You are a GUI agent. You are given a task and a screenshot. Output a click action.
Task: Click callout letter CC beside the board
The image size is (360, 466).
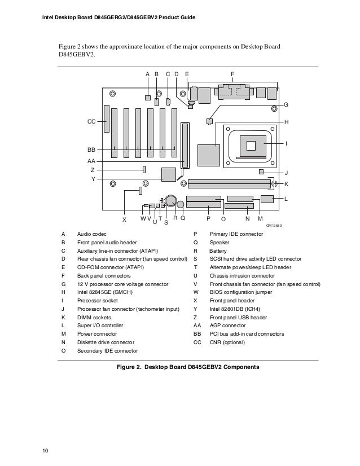point(91,121)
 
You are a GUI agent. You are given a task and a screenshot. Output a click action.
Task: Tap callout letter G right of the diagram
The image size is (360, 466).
point(286,105)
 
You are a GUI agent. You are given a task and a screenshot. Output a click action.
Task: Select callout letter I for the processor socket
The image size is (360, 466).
point(286,144)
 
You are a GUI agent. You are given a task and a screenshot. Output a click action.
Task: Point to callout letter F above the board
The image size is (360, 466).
point(232,74)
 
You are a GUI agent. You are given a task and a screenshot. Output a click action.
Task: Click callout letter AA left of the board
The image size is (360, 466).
point(90,161)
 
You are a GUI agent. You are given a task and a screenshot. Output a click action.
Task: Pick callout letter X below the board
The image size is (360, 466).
point(124,219)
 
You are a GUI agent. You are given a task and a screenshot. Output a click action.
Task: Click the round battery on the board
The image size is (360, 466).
point(171,200)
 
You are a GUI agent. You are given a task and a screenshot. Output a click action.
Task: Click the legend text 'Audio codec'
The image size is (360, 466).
point(91,234)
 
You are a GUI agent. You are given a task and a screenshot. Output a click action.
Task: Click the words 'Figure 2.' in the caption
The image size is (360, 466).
point(129,367)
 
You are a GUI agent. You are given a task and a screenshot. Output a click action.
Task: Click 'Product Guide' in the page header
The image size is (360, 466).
point(177,17)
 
